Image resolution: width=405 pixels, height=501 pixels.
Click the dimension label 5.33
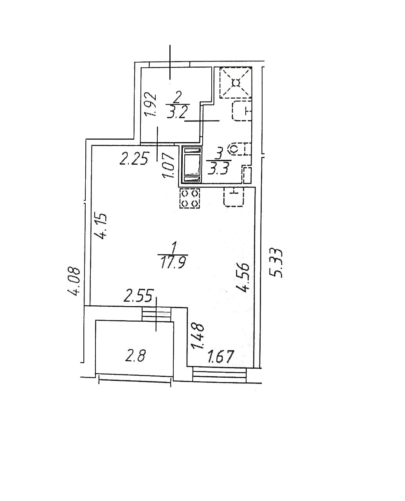(x=277, y=263)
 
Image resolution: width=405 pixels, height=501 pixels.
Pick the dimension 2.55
(x=137, y=296)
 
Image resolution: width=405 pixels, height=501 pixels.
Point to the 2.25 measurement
(x=134, y=159)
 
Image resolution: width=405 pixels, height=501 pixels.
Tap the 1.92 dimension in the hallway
(x=151, y=105)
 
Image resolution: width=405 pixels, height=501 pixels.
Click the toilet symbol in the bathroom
(x=239, y=149)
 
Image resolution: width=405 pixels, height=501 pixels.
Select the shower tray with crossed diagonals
(x=236, y=83)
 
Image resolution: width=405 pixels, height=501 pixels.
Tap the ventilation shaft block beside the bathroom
(x=191, y=165)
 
